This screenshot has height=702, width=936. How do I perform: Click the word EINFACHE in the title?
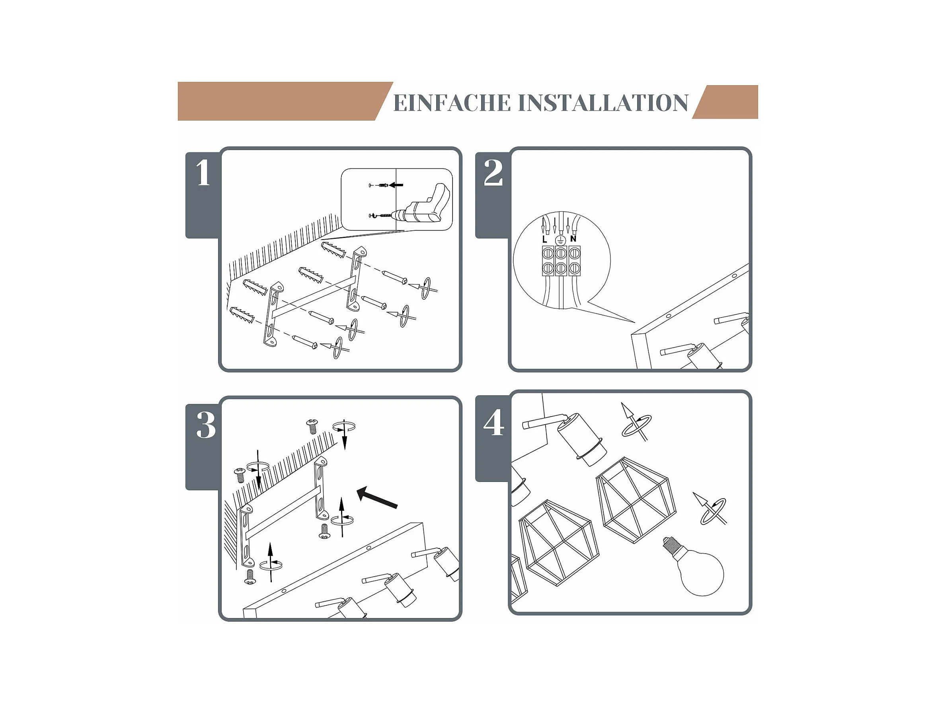452,103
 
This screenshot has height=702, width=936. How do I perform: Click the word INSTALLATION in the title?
603,103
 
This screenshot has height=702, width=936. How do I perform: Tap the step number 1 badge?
203,195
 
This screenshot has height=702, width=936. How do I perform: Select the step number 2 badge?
493,195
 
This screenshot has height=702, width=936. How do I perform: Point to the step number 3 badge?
203,447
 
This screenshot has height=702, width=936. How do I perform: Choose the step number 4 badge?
493,439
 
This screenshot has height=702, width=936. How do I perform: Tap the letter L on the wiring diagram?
544,240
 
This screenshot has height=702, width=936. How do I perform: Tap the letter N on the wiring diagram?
573,239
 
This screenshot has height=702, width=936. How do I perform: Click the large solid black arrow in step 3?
377,497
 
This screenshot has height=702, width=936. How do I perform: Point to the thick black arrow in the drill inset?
396,185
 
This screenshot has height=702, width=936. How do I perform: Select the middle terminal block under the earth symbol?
561,261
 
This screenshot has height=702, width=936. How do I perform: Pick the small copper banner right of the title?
725,102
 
